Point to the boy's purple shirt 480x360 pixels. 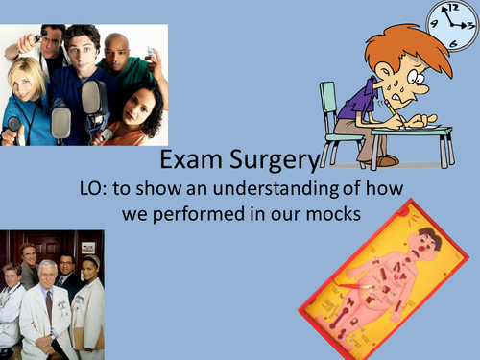coord(358,99)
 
